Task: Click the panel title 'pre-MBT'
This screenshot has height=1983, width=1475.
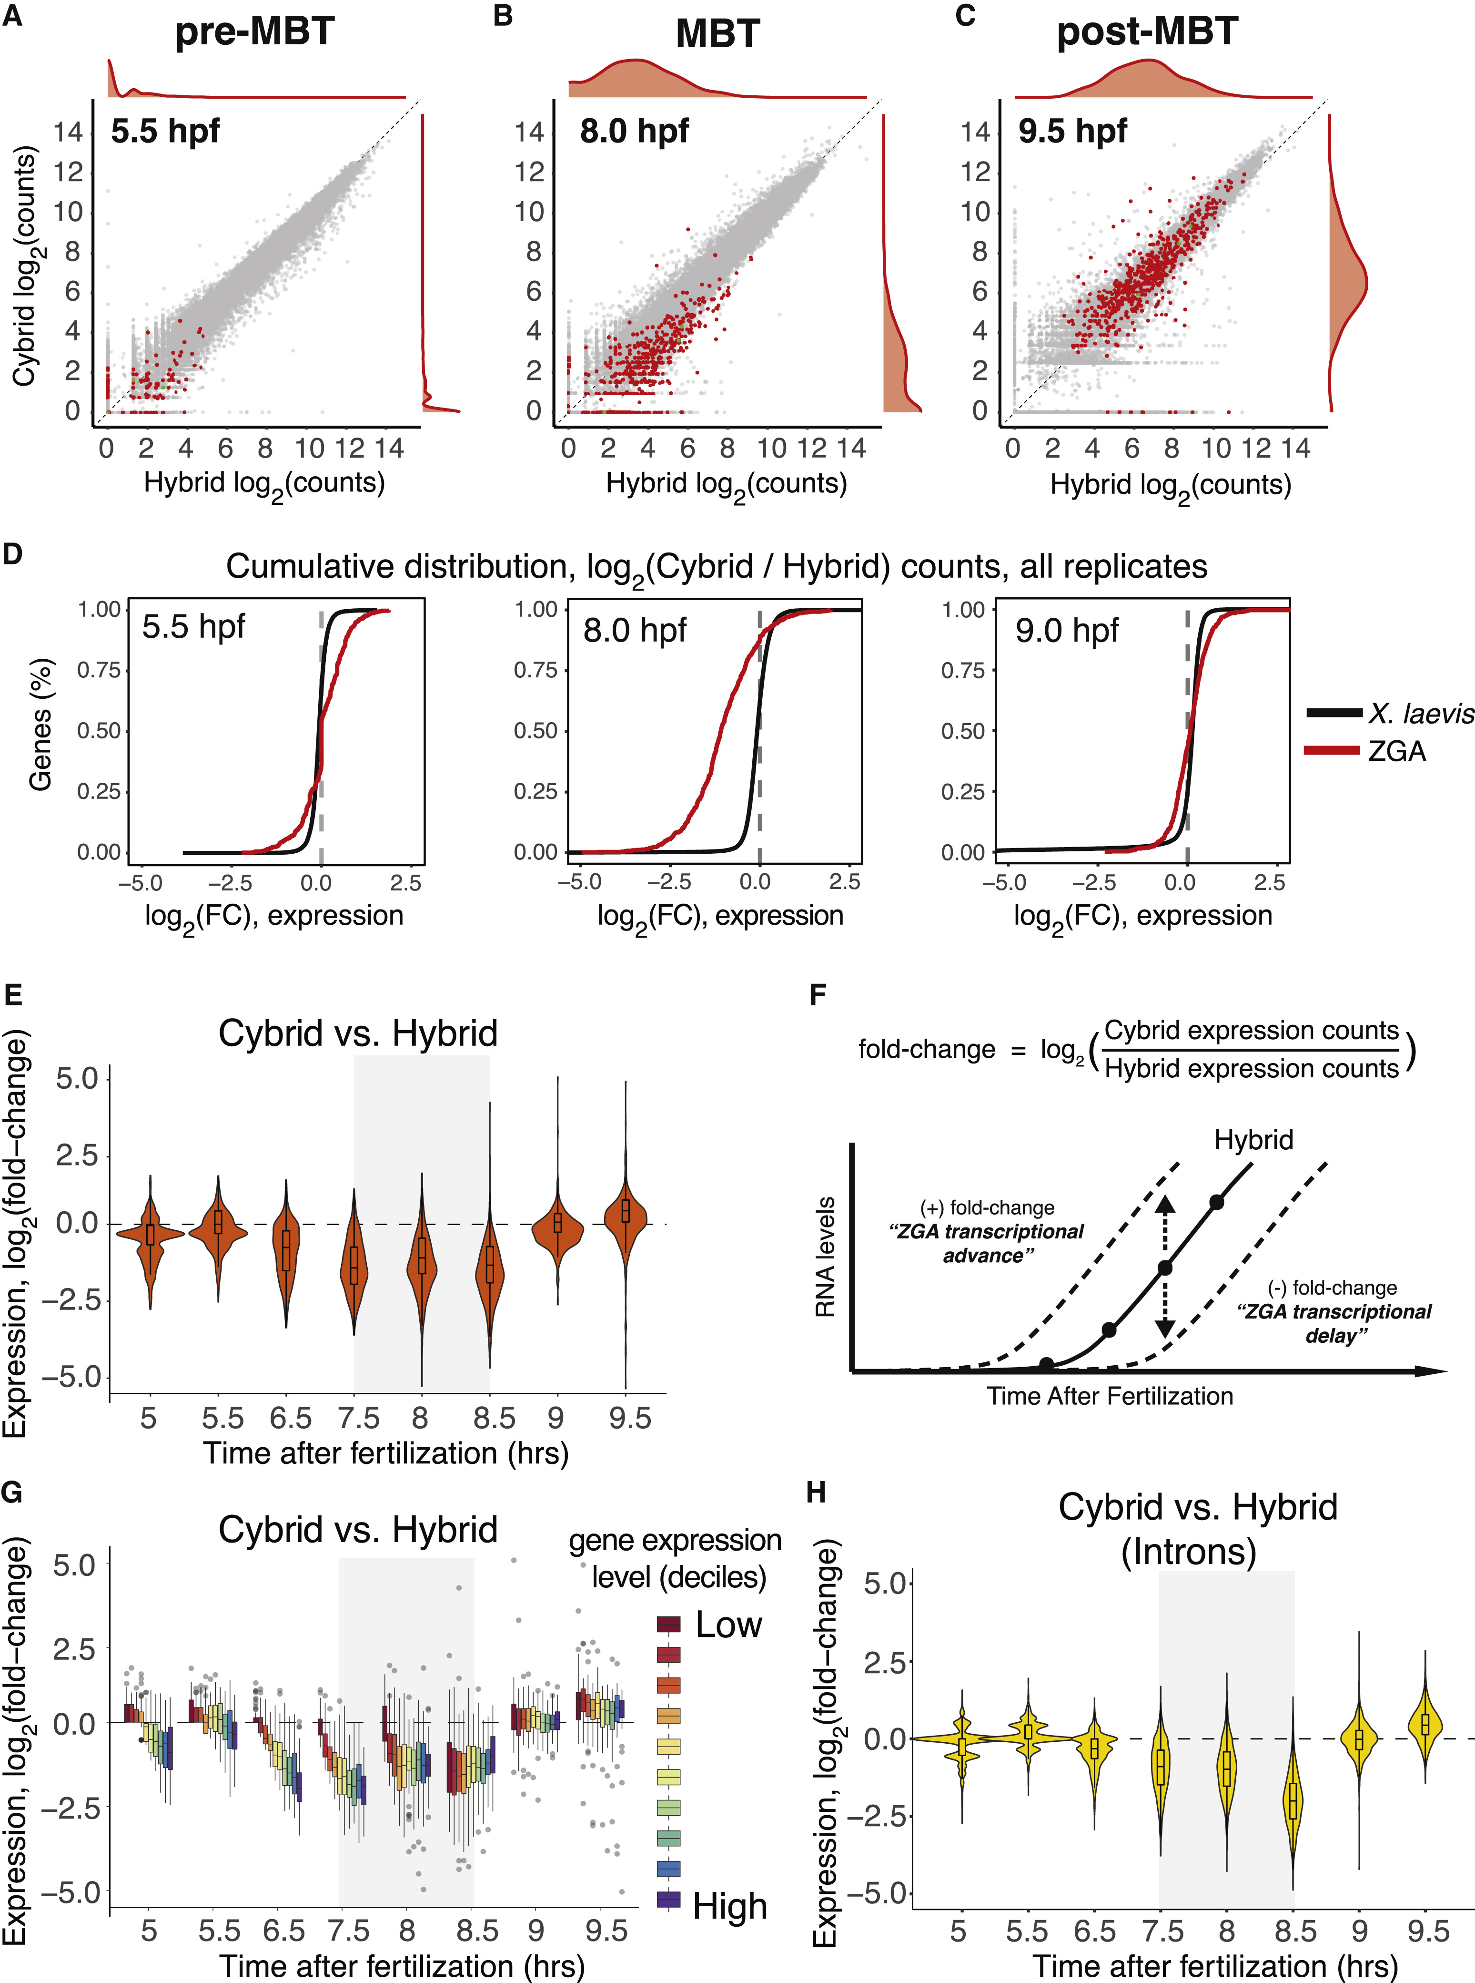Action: tap(254, 31)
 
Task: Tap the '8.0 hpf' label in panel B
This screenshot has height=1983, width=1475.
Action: tap(634, 131)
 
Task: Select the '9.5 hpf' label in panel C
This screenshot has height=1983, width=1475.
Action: tap(1072, 131)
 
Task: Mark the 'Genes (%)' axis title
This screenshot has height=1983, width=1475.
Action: tap(40, 725)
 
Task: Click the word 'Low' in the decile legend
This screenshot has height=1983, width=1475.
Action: tap(728, 1625)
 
